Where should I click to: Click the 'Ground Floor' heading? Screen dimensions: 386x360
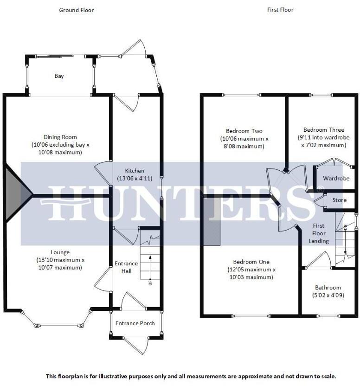click(77, 10)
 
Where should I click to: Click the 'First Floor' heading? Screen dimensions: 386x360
click(280, 10)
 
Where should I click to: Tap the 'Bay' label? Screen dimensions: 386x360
click(59, 76)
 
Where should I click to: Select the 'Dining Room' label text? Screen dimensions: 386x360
click(60, 137)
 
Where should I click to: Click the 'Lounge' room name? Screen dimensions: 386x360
click(60, 252)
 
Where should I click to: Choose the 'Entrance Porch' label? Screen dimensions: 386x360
click(135, 323)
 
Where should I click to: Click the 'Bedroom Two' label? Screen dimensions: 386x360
click(244, 131)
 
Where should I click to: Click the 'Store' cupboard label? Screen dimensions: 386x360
click(340, 200)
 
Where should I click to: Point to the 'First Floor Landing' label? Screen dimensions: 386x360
click(319, 233)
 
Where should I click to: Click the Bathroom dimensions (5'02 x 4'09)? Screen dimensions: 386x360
click(328, 295)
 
